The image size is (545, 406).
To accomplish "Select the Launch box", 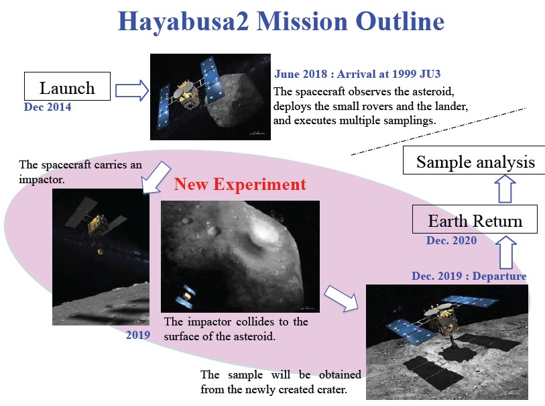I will point(67,87).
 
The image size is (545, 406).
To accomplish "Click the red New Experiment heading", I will point(240,184).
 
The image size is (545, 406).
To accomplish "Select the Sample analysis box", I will point(475,162).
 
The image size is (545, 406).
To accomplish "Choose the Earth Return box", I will point(475,221).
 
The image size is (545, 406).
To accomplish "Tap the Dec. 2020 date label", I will point(451,241).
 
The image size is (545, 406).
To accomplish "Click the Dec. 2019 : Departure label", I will point(469,276).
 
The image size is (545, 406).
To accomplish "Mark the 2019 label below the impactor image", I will point(137,334).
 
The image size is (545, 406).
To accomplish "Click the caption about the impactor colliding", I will point(236,329).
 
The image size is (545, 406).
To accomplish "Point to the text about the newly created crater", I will point(281,382).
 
